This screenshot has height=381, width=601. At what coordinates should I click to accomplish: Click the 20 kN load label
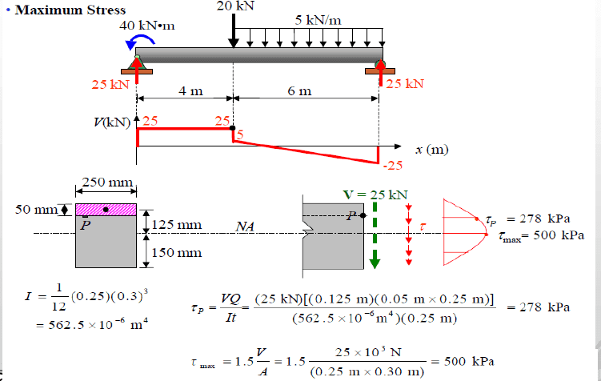(235, 6)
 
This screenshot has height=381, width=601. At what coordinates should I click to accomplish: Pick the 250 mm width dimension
(107, 184)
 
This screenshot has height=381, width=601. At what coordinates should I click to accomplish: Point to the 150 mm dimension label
(176, 253)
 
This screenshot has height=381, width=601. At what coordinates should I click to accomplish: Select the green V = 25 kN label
(375, 194)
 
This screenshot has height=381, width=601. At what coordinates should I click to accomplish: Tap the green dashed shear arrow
(374, 236)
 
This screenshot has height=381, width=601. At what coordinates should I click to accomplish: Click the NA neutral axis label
(245, 227)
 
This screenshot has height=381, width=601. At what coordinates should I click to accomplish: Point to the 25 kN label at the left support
(110, 83)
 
